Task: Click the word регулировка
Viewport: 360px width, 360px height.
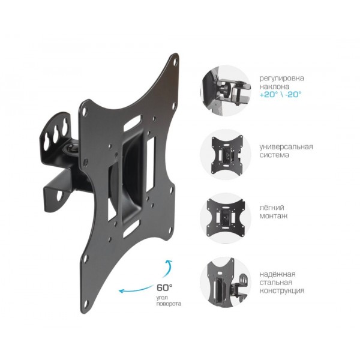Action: (x=282, y=78)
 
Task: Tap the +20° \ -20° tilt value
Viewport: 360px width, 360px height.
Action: (x=280, y=94)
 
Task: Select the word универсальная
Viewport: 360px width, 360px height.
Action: (x=286, y=147)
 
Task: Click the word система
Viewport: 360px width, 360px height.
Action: (x=274, y=155)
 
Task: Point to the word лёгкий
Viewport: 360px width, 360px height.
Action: (x=272, y=208)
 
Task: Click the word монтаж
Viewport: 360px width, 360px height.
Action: (x=274, y=216)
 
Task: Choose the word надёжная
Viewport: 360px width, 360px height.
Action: (x=277, y=274)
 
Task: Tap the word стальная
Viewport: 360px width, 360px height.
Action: (x=276, y=283)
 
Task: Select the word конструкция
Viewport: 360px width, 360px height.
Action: (x=282, y=291)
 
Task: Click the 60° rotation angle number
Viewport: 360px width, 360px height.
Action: (x=164, y=287)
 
